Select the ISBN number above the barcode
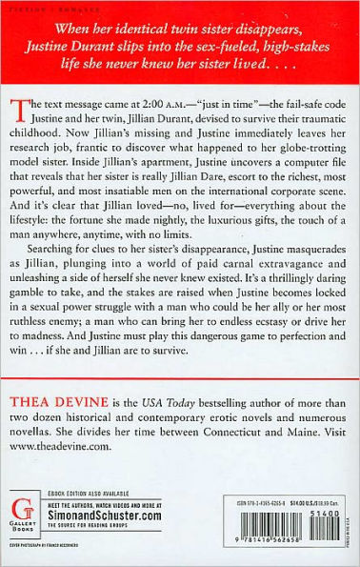coord(247,493)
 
